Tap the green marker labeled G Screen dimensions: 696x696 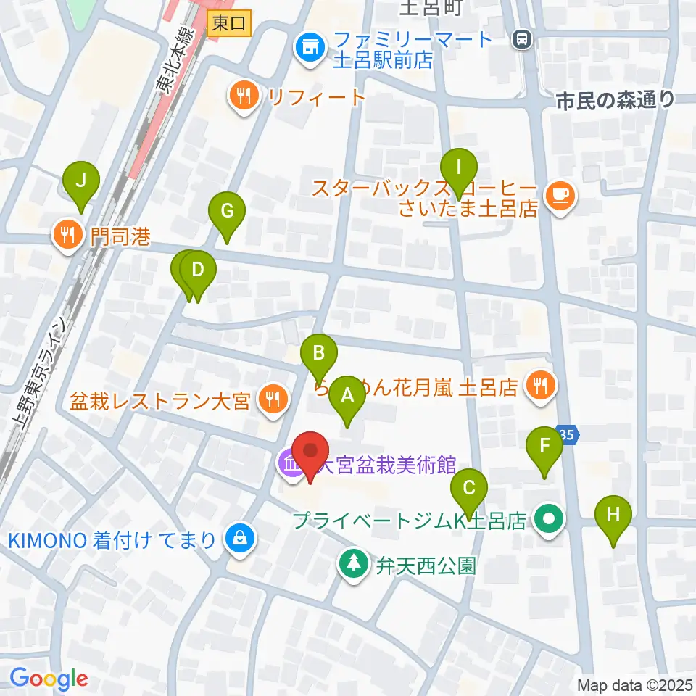[227, 212]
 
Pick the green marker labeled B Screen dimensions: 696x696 [319, 353]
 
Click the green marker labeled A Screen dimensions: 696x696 [347, 395]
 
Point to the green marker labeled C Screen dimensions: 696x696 [469, 487]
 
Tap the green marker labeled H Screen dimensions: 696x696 [613, 515]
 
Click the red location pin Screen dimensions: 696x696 [311, 451]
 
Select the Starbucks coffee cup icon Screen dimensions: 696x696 [558, 194]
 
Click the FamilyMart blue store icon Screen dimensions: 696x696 [309, 49]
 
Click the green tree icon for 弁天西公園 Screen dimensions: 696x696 [354, 564]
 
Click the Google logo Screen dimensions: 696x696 [49, 679]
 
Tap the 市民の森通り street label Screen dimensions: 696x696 [615, 101]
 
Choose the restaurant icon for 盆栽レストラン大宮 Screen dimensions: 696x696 [272, 399]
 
